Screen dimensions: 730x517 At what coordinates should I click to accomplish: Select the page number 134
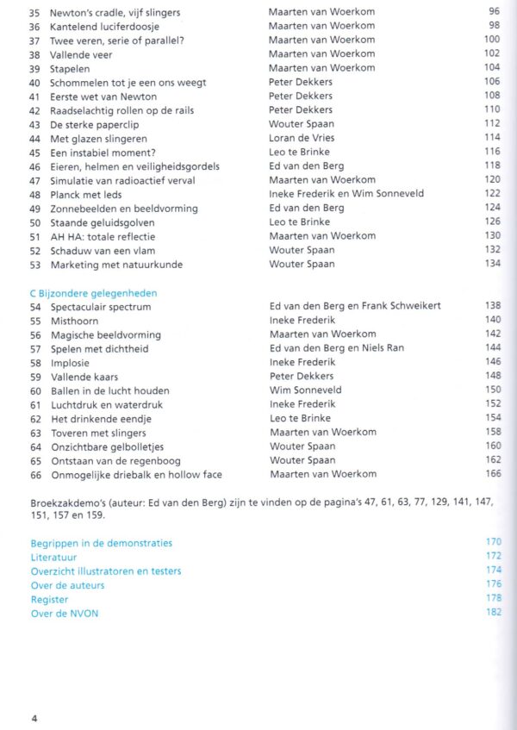[492, 264]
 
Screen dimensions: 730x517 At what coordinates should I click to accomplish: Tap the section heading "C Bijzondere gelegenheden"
[94, 293]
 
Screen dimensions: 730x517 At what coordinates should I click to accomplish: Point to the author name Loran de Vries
[302, 138]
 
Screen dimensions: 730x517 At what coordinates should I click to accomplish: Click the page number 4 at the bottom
[34, 717]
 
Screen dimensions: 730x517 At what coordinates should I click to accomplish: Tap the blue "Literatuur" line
[53, 557]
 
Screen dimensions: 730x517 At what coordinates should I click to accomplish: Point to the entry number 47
[34, 180]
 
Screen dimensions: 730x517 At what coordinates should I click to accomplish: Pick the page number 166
[493, 474]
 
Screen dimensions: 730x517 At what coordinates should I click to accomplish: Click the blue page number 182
[493, 613]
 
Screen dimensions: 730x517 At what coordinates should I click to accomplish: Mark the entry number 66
[35, 474]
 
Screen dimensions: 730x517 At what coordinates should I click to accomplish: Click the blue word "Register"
[49, 599]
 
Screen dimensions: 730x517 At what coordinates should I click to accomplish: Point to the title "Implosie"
[70, 362]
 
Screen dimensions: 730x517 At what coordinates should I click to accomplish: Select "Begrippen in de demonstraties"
[101, 543]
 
